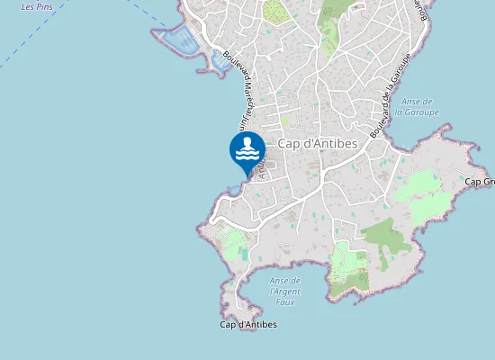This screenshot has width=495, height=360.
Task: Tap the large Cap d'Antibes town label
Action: pos(318,143)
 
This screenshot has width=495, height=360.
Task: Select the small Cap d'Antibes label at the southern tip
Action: pos(248,324)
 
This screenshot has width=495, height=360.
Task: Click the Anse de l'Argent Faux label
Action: pos(284,292)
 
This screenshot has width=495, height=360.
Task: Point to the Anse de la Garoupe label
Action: pos(420,107)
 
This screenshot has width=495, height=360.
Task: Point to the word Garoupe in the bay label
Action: pos(420,112)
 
